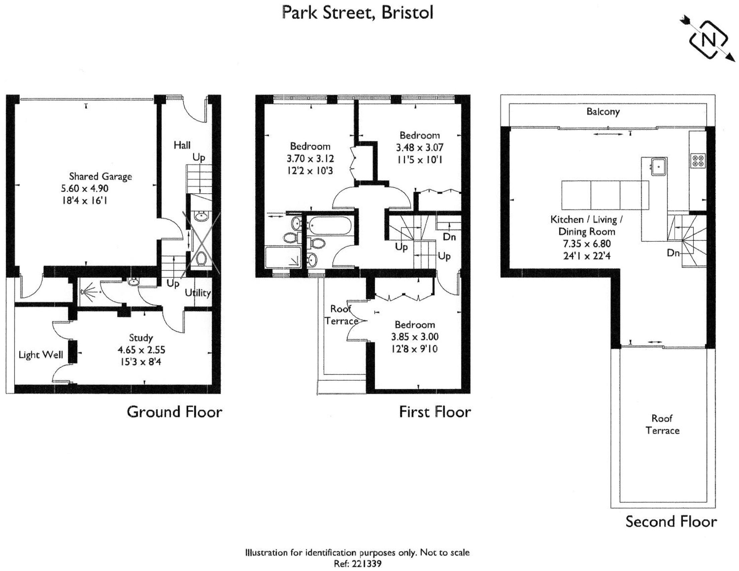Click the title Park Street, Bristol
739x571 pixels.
pyautogui.click(x=358, y=13)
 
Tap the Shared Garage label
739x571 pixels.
pyautogui.click(x=100, y=176)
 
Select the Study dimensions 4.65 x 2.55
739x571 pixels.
pyautogui.click(x=142, y=350)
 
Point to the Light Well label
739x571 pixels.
pyautogui.click(x=41, y=355)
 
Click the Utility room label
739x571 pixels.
pyautogui.click(x=197, y=293)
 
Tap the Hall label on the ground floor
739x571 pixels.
pyautogui.click(x=182, y=145)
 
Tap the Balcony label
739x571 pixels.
pyautogui.click(x=603, y=112)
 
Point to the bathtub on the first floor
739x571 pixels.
pyautogui.click(x=330, y=226)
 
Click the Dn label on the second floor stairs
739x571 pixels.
pyautogui.click(x=673, y=253)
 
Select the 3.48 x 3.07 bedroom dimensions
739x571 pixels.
pyautogui.click(x=420, y=148)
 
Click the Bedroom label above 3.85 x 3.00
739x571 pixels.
pyautogui.click(x=415, y=325)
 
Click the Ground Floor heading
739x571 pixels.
pyautogui.click(x=175, y=412)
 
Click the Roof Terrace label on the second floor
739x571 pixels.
pyautogui.click(x=662, y=424)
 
